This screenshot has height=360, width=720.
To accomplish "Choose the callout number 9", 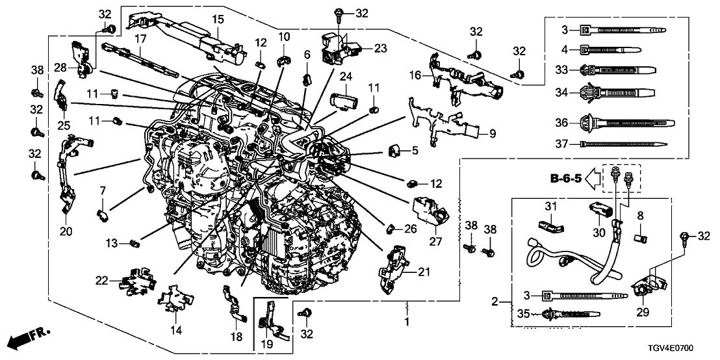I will [492, 135].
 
